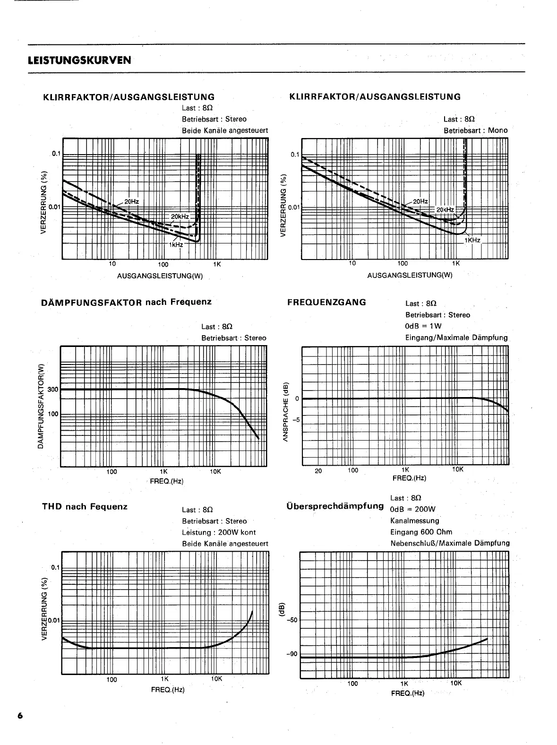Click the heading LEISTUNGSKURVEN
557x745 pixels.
79,61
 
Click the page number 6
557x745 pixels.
20,716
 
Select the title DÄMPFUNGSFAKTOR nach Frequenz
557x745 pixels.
127,302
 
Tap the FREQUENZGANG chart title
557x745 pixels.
326,302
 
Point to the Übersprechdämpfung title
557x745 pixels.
335,506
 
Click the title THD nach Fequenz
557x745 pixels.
85,506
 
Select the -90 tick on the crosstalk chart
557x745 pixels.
291,654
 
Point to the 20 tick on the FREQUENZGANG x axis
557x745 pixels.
318,471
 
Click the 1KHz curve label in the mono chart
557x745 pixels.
472,240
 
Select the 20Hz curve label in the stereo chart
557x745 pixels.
131,201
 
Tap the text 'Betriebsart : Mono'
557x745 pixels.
475,130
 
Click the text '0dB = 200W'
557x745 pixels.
412,509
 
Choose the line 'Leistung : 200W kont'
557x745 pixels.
219,532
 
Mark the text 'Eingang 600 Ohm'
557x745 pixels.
421,532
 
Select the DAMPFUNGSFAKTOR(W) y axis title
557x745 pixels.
41,406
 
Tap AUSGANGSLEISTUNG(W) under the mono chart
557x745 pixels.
410,275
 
